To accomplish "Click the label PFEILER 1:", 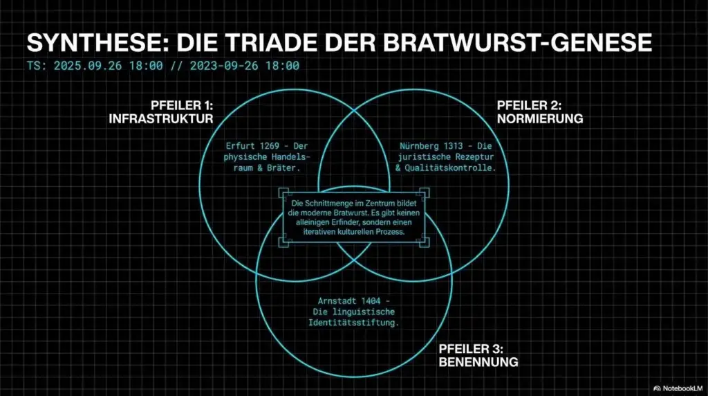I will point(182,105).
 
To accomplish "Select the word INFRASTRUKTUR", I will point(161,118).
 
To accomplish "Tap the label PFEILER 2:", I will point(530,105).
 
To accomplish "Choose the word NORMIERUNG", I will point(540,118).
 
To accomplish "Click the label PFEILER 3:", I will point(471,349).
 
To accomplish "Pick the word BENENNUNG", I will point(478,362).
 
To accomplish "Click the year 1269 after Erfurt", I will point(272,146).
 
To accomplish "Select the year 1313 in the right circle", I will point(461,146).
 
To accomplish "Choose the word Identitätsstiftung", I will point(354,323).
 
